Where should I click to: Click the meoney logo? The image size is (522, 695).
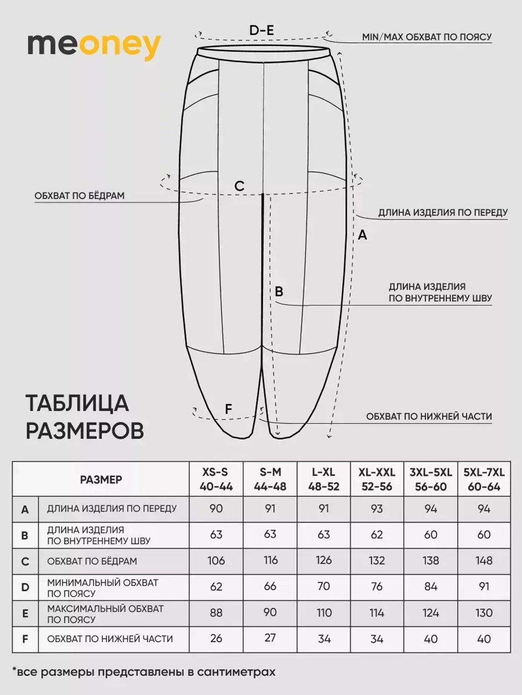coord(94,46)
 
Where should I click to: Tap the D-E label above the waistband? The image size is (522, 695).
coord(262,30)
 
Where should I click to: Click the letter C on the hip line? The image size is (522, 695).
coord(239,186)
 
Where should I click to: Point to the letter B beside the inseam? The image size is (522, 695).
coord(279,291)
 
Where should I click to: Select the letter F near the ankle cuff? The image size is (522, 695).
coord(228,409)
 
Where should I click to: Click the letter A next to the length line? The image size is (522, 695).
coord(362,235)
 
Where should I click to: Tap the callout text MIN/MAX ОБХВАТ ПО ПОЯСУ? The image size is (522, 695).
coord(426,37)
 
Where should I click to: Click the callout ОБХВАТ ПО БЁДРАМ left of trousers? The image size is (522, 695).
coord(79,196)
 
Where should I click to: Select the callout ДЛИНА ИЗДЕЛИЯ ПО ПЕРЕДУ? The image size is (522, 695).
coord(443,213)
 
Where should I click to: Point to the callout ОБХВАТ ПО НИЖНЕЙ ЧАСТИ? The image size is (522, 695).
coord(429,417)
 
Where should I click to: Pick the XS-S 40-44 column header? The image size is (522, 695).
coord(216,479)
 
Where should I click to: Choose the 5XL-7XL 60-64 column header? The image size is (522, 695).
coord(484,479)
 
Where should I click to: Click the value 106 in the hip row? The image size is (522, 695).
coord(216,560)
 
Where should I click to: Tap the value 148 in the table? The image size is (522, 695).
coord(484,560)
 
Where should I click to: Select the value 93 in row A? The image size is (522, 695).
coord(376,509)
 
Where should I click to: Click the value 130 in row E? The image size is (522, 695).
coord(484,613)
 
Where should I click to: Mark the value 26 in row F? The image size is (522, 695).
coord(216,639)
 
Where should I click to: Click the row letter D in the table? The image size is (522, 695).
coord(25,588)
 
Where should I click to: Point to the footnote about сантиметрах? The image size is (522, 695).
coord(144,672)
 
